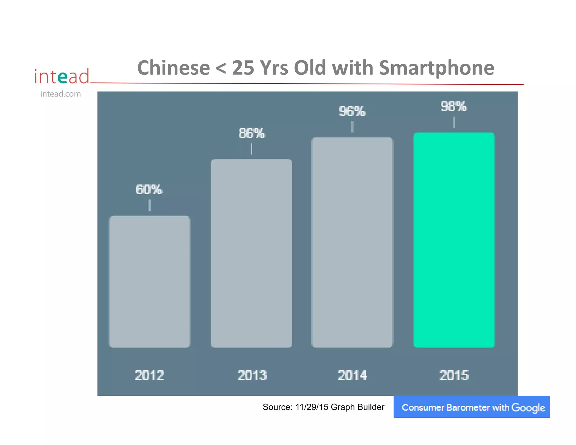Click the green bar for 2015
pos(454,240)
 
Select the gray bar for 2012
pos(150,282)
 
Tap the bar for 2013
pos(251,253)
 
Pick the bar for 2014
pos(352,242)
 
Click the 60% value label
pos(149,190)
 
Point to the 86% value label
pos(252,133)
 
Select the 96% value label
pos(352,111)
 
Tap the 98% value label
pos(454,107)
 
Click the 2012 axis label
pos(149,375)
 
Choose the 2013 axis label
pos(252,375)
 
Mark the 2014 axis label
pos(352,375)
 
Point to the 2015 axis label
pos(454,375)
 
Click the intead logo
pos(62,76)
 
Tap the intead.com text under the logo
pos(60,94)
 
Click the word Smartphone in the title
pos(436,68)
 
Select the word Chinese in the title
pos(174,68)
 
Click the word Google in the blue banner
pos(528,408)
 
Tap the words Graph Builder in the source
pos(357,407)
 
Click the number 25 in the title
pos(244,68)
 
